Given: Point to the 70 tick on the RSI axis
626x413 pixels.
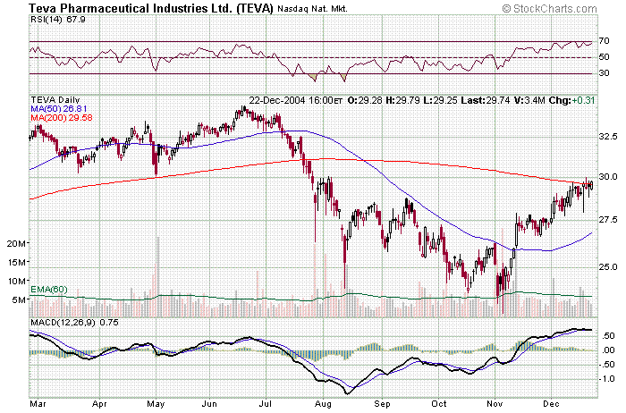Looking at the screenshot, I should [605, 41].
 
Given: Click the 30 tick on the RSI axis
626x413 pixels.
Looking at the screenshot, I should [605, 73].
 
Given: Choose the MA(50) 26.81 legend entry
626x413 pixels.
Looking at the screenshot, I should [59, 109].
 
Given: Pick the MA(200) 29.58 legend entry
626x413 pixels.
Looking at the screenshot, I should [61, 118].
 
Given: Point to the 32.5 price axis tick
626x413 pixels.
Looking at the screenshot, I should [608, 137].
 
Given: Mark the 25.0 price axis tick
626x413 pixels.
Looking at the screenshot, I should [608, 267].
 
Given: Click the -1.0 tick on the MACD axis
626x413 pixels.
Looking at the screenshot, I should [606, 379].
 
